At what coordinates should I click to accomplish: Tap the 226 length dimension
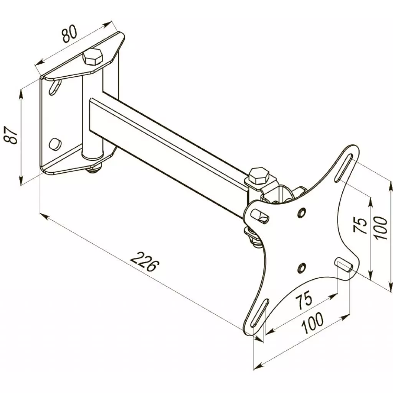tap(145, 261)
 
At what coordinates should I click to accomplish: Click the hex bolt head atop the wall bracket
tap(92, 57)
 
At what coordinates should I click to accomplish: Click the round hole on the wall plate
tap(54, 143)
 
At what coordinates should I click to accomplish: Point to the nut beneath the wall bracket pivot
tap(95, 167)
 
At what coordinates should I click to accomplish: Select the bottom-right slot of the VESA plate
tap(344, 265)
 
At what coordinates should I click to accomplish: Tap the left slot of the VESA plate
tap(261, 216)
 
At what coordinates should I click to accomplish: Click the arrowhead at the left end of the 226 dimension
tap(43, 216)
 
